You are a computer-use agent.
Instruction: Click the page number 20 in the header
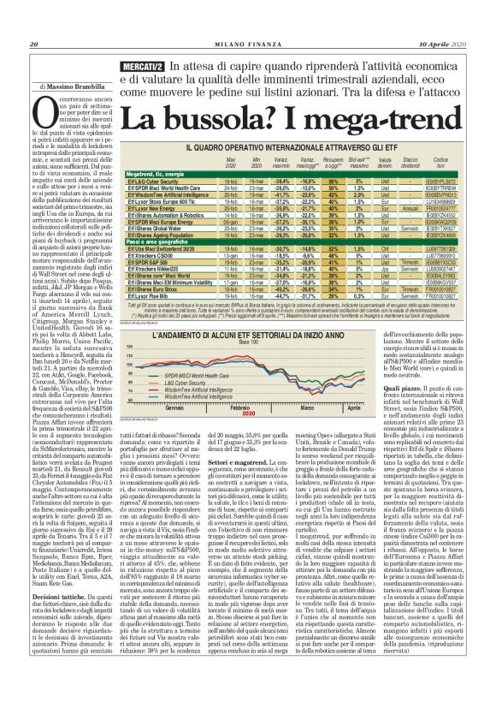(34, 21)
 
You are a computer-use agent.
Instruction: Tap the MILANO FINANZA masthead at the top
(247, 21)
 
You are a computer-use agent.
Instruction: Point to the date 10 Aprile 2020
(443, 21)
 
